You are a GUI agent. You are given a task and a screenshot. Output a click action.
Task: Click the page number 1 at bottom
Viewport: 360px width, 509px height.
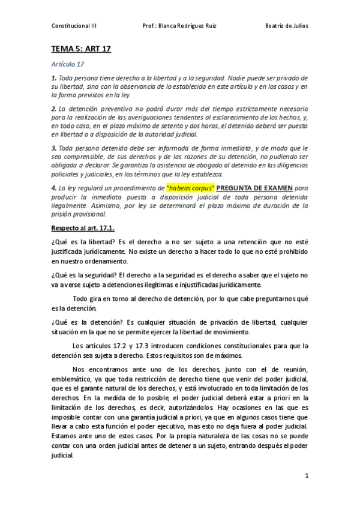(x=306, y=476)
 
